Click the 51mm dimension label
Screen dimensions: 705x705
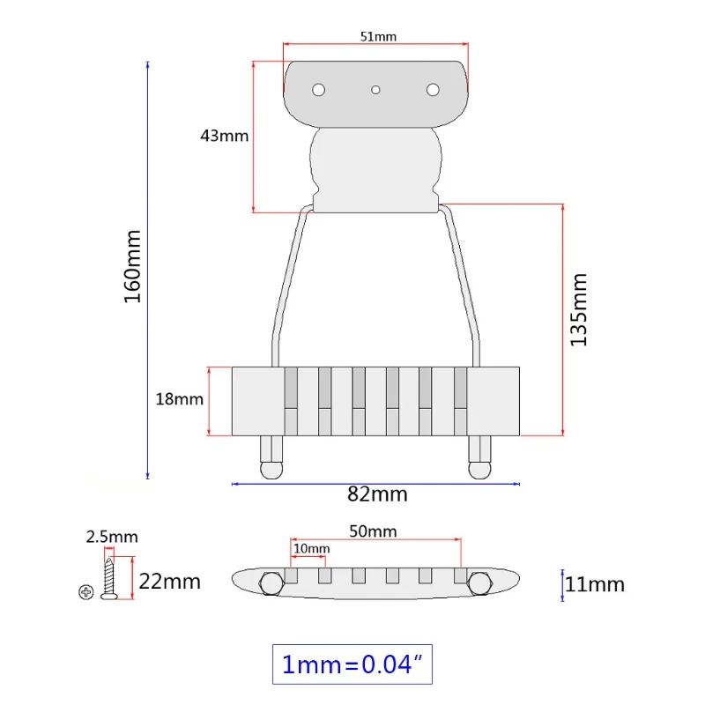tap(378, 36)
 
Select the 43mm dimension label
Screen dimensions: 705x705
tap(224, 136)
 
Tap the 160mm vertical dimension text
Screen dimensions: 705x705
tap(133, 267)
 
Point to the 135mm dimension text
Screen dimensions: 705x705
tap(579, 310)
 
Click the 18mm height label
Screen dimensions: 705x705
tap(179, 399)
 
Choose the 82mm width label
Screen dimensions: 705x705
tap(377, 494)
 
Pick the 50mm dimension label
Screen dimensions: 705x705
tap(373, 531)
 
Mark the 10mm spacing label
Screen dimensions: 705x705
tap(312, 548)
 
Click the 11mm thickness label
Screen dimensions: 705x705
tap(594, 584)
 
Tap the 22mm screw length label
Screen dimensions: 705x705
tap(169, 582)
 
